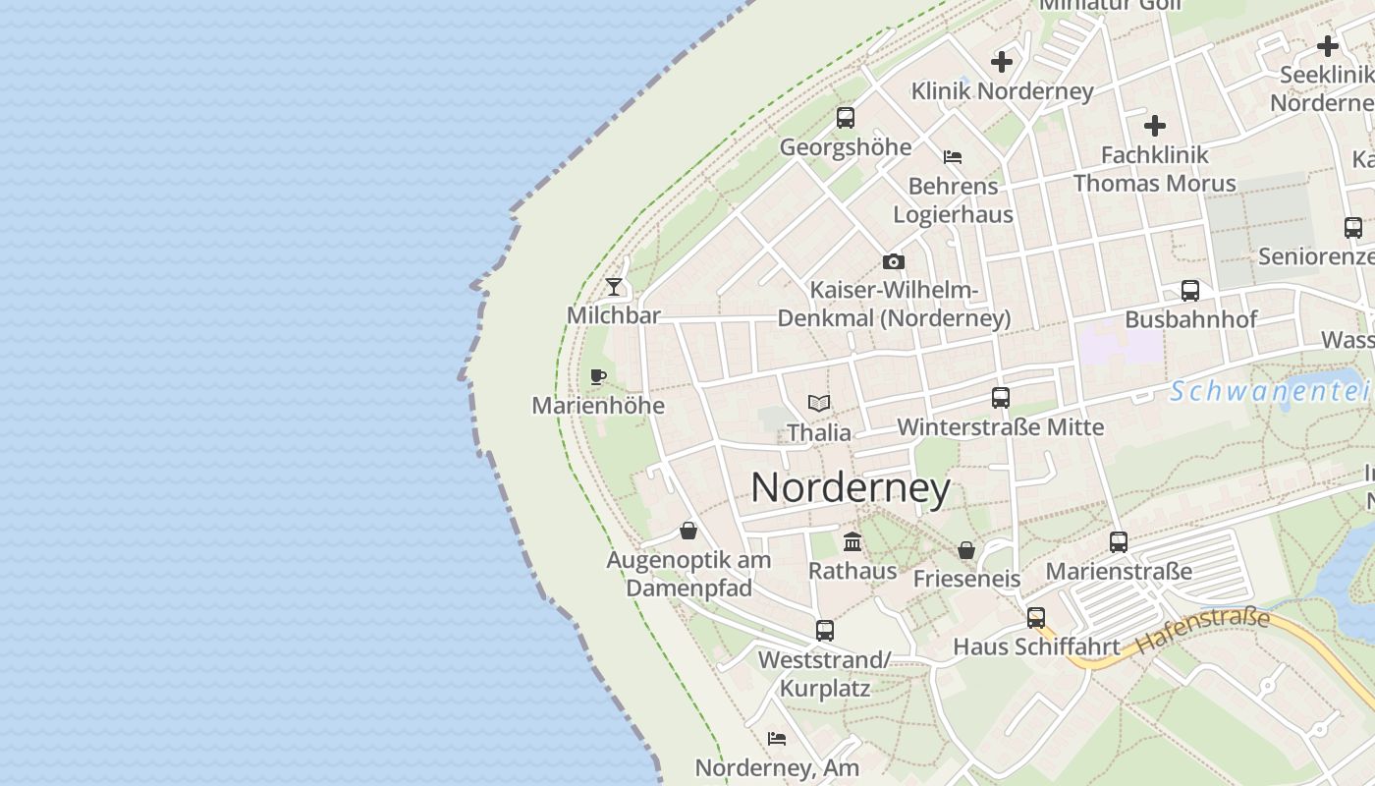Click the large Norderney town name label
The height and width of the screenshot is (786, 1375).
(851, 488)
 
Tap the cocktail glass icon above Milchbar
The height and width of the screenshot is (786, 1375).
(614, 287)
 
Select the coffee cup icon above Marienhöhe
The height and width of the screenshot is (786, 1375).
(597, 376)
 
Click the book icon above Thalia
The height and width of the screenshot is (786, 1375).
(819, 403)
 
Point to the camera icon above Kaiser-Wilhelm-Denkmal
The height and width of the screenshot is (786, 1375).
(893, 261)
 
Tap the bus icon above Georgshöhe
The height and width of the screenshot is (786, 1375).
(846, 118)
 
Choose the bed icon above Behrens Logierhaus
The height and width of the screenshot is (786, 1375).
(953, 157)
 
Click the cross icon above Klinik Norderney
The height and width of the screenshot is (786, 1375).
(1002, 62)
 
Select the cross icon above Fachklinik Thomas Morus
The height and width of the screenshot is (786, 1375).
(1155, 126)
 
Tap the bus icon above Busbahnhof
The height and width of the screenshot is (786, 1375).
(1190, 291)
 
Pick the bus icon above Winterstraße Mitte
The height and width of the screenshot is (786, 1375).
(1001, 398)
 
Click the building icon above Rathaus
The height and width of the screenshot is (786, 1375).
(852, 541)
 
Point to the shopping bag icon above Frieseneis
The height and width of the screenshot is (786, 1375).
(966, 550)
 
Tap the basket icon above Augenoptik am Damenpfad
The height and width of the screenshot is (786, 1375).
(688, 531)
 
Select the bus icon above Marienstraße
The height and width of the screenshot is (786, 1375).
(1119, 541)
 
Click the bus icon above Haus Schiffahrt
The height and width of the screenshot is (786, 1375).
(1036, 618)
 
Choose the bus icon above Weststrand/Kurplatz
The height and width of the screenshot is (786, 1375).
(825, 631)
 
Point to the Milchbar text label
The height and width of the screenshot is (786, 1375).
(614, 314)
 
